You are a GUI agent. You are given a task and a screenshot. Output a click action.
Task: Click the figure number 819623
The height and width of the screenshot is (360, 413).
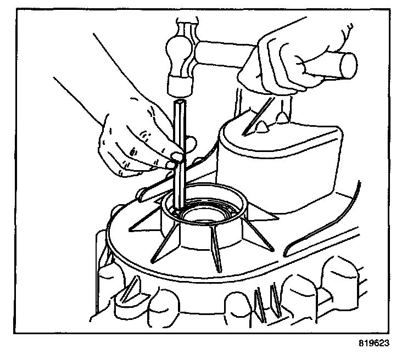tap(374, 343)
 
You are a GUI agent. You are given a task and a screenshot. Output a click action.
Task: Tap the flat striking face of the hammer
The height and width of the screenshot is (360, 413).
tap(180, 87)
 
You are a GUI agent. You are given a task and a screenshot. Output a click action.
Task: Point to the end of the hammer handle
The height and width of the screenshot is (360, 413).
tap(348, 65)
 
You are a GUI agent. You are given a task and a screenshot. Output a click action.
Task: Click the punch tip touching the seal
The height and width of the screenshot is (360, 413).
tap(177, 211)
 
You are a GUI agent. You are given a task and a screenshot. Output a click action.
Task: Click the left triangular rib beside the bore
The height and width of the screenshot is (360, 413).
tap(145, 218)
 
